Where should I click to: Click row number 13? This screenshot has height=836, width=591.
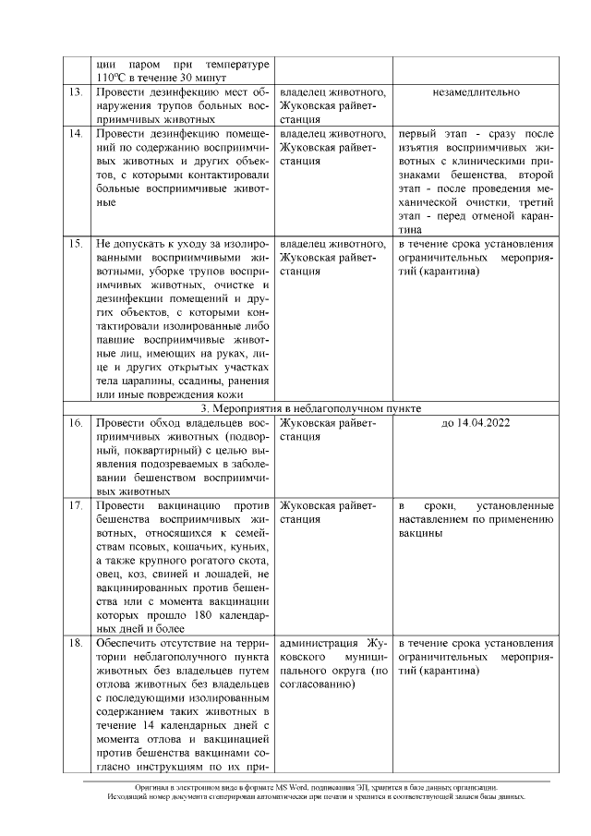[77, 92]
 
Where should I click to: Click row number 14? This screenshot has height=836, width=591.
[77, 134]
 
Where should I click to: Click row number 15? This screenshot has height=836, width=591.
[77, 244]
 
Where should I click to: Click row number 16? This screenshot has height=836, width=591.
[77, 423]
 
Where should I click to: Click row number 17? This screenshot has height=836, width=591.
[77, 505]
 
